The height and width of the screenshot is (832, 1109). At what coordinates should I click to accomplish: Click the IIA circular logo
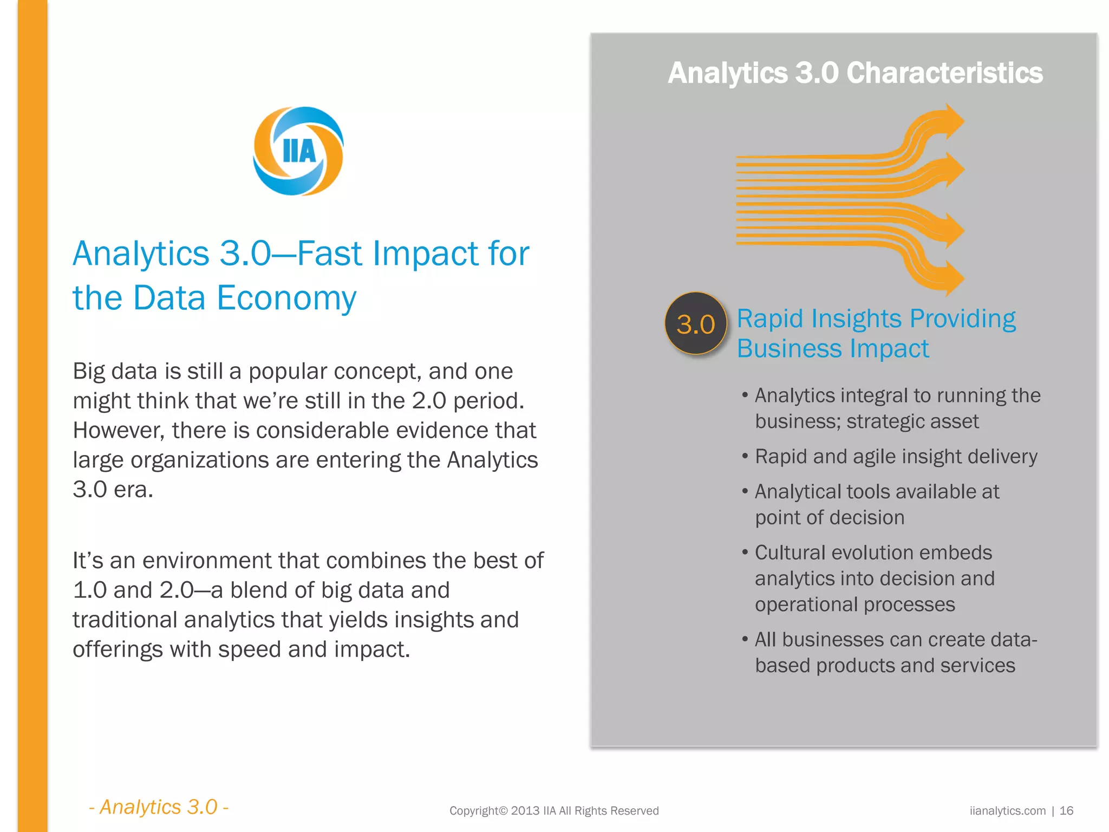pyautogui.click(x=298, y=151)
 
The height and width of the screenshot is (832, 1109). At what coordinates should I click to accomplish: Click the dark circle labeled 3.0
pyautogui.click(x=696, y=324)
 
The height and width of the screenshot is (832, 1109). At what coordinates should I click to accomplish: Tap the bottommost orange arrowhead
pyautogui.click(x=952, y=278)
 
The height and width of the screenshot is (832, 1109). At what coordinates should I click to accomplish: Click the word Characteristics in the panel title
pyautogui.click(x=944, y=73)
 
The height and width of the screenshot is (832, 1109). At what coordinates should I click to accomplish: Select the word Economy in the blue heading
pyautogui.click(x=286, y=298)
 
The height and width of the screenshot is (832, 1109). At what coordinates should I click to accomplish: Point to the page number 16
pyautogui.click(x=1066, y=811)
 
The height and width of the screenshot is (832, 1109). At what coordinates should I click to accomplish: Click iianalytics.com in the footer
pyautogui.click(x=1008, y=811)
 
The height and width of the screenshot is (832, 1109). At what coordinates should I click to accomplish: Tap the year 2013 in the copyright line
pyautogui.click(x=525, y=811)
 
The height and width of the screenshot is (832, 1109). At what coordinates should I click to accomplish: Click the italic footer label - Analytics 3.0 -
pyautogui.click(x=159, y=807)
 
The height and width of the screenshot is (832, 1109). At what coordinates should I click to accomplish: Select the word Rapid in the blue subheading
pyautogui.click(x=769, y=318)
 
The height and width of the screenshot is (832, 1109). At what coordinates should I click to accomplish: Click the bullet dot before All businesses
pyautogui.click(x=745, y=639)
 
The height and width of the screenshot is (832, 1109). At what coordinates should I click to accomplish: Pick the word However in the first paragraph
pyautogui.click(x=119, y=431)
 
